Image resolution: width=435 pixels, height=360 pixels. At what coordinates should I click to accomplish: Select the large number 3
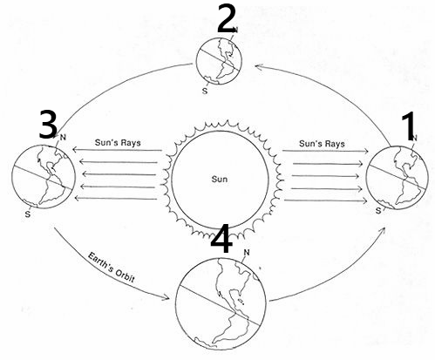tap(48, 125)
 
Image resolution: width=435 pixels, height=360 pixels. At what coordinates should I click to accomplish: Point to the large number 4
tap(221, 240)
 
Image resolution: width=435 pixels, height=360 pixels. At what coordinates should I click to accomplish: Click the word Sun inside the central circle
tap(220, 179)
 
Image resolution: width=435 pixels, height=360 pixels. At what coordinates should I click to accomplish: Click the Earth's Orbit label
tap(111, 268)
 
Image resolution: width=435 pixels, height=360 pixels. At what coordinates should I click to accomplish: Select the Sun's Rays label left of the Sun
tap(118, 143)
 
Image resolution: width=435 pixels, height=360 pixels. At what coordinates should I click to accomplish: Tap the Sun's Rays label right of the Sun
tap(322, 144)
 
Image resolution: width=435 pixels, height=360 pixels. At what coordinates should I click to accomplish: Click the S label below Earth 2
tap(205, 91)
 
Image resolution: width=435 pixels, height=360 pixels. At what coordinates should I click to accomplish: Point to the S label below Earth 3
tap(28, 214)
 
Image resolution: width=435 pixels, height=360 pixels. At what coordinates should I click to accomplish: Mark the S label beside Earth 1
tap(378, 211)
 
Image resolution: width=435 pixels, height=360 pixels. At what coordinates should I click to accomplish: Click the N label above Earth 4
tap(247, 253)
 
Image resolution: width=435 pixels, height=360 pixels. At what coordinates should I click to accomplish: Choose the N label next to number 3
tap(63, 137)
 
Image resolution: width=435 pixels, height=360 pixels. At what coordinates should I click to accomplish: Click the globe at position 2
tap(219, 61)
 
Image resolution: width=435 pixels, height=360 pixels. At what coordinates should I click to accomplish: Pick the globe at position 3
tap(44, 177)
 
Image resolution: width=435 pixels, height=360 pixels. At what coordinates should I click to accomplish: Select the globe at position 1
tap(397, 178)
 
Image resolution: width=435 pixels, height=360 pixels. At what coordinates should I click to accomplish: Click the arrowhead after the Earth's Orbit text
tap(167, 297)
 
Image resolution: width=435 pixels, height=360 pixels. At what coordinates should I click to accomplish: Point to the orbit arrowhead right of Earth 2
tap(258, 67)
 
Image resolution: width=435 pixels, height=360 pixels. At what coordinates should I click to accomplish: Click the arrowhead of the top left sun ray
tap(75, 150)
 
